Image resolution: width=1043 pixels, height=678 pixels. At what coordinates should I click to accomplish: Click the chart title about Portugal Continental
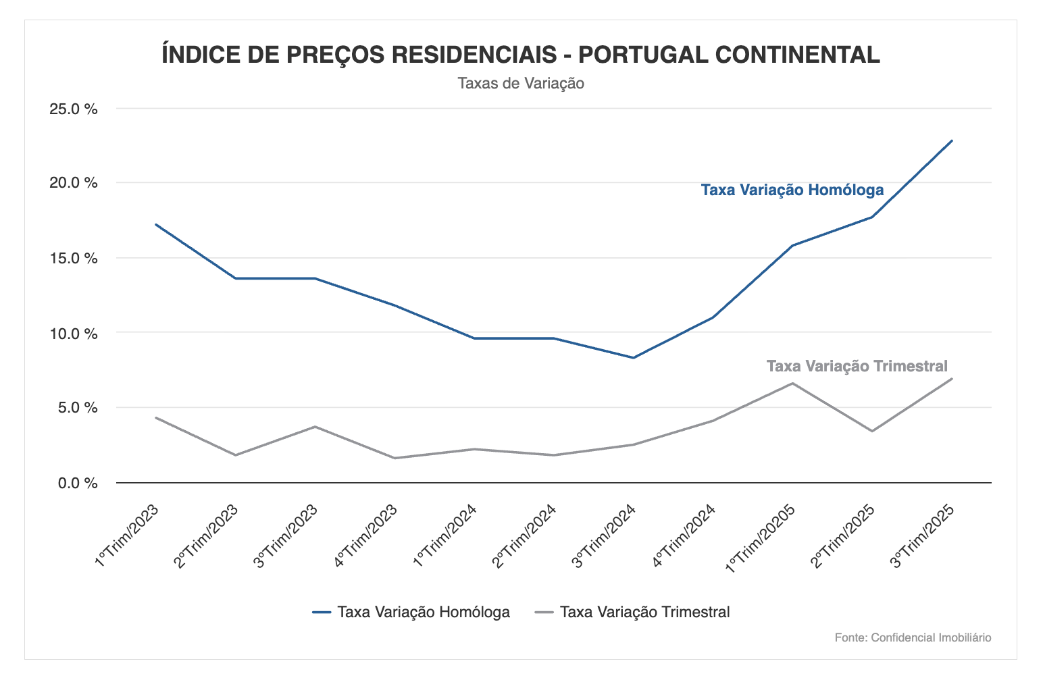pyautogui.click(x=521, y=55)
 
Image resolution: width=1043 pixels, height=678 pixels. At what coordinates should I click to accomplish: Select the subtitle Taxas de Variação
pyautogui.click(x=521, y=84)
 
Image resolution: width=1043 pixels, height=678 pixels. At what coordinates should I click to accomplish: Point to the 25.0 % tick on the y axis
pyautogui.click(x=74, y=109)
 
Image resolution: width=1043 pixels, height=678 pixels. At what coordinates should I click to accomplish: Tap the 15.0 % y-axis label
pyautogui.click(x=74, y=259)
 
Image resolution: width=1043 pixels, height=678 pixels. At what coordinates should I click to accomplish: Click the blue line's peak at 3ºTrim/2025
pyautogui.click(x=952, y=140)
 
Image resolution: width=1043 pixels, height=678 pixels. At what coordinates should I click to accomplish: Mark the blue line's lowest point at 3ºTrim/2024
pyautogui.click(x=634, y=358)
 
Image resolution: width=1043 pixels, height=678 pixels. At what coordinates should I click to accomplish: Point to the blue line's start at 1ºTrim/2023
pyautogui.click(x=156, y=224)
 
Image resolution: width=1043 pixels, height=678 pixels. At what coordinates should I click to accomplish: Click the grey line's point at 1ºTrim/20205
pyautogui.click(x=792, y=384)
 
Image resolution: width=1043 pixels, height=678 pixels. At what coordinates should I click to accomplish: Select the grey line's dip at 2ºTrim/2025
pyautogui.click(x=872, y=431)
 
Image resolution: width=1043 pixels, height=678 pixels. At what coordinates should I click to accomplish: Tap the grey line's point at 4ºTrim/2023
pyautogui.click(x=395, y=458)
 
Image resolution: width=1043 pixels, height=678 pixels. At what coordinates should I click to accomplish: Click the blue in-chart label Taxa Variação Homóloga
pyautogui.click(x=792, y=190)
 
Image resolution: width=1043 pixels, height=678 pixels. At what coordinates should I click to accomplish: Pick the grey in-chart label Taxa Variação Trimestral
pyautogui.click(x=857, y=366)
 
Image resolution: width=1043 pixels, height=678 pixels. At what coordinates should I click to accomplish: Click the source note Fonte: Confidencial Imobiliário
pyautogui.click(x=913, y=637)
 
